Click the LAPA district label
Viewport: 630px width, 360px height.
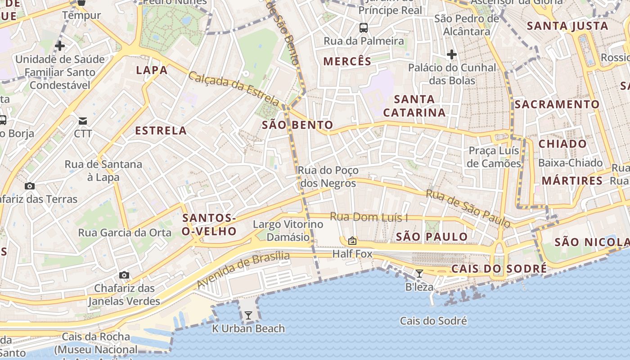152,70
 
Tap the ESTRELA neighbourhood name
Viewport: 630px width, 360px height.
161,131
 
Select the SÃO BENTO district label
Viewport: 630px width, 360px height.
297,125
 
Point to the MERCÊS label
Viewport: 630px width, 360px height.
347,62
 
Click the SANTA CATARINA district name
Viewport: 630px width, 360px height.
414,106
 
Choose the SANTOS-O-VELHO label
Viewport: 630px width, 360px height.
209,225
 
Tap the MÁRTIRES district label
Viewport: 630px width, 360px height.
572,181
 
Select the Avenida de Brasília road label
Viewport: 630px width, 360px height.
243,270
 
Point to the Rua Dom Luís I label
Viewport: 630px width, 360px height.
369,217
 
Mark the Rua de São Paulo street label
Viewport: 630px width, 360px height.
468,208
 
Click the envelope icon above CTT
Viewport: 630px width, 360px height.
83,121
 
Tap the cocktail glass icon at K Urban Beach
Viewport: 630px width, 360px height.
248,315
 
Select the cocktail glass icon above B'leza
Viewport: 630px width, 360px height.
419,273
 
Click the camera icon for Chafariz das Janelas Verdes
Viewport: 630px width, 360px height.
124,275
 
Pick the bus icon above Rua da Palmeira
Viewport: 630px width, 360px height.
364,28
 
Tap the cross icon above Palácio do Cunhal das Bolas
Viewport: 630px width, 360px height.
452,55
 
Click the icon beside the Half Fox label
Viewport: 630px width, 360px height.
352,241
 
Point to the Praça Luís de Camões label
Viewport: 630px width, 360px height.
494,157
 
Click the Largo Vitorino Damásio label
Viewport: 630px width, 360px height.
282,230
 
